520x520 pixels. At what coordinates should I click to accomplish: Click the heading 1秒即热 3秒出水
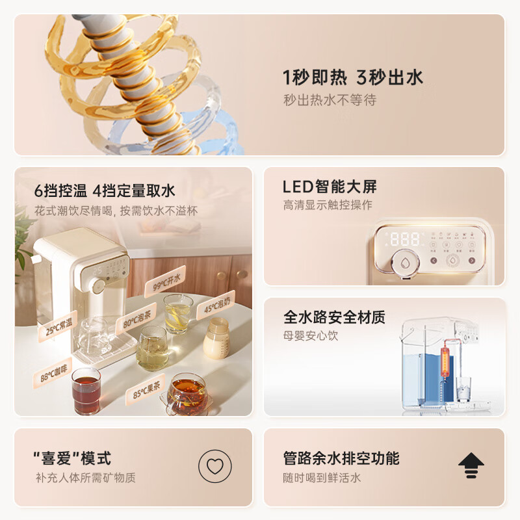(353, 78)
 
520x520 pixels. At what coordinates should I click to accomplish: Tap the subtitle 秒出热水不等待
(330, 100)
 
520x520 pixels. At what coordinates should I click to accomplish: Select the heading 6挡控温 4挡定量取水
(105, 191)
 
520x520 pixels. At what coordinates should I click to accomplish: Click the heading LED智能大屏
(330, 187)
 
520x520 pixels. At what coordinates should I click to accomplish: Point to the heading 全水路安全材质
(334, 317)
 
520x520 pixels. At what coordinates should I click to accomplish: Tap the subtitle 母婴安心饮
(311, 336)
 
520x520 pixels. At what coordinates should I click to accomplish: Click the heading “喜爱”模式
(72, 458)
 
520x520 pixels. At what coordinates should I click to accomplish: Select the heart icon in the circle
(215, 466)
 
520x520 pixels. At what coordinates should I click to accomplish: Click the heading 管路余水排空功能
(341, 458)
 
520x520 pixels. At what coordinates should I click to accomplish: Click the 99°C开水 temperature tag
(165, 281)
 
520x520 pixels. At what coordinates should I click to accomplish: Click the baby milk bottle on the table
(217, 339)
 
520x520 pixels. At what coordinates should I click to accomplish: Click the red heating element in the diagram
(445, 359)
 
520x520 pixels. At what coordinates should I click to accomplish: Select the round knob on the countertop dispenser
(99, 287)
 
